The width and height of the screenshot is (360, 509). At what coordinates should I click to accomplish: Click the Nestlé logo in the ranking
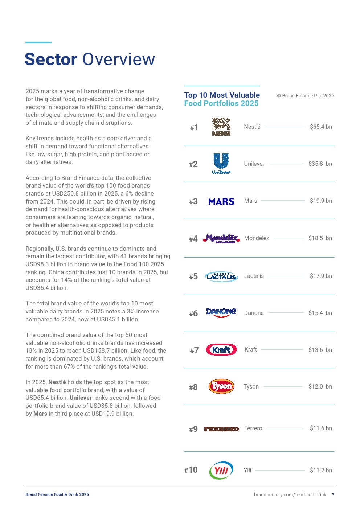(x=221, y=127)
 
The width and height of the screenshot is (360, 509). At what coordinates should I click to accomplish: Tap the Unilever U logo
(x=221, y=164)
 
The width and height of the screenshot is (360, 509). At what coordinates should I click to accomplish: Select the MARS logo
(x=221, y=201)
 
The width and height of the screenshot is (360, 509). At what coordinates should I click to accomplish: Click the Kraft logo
(x=221, y=350)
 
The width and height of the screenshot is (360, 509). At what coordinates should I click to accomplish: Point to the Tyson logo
(x=221, y=386)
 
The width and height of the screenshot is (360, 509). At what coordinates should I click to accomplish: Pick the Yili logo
(x=221, y=471)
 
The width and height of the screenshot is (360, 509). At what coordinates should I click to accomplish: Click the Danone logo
(x=221, y=312)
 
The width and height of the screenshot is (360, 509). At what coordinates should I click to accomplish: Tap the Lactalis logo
(x=221, y=276)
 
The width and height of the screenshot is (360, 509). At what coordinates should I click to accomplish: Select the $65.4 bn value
(x=321, y=127)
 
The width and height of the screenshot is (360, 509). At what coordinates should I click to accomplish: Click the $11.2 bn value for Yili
(x=321, y=471)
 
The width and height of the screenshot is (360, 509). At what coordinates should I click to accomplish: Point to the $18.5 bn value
(x=320, y=238)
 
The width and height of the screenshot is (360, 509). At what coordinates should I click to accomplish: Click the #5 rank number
(x=193, y=277)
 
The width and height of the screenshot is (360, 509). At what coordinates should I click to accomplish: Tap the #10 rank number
(x=191, y=470)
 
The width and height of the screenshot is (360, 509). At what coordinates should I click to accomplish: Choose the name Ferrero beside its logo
(x=253, y=428)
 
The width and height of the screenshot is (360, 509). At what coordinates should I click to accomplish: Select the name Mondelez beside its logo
(x=257, y=238)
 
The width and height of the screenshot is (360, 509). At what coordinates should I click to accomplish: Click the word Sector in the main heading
(x=51, y=59)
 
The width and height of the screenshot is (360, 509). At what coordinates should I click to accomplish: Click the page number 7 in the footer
(x=333, y=495)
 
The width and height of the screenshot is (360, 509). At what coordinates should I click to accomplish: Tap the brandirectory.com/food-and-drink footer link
(x=290, y=495)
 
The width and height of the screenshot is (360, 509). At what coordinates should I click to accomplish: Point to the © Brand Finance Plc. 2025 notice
(x=306, y=96)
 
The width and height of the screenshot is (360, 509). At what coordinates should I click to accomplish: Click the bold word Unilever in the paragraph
(x=81, y=398)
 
